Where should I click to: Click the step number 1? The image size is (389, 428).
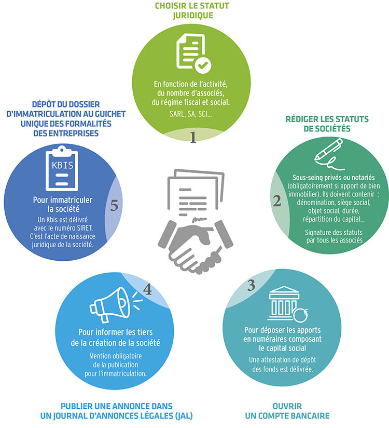pos(193,137)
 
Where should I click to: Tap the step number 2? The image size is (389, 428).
pos(277,200)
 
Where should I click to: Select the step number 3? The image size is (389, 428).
pos(251,285)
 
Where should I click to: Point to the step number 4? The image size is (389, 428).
pos(147,290)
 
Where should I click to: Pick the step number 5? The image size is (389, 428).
pos(114,205)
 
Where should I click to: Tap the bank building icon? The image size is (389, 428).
pos(284,303)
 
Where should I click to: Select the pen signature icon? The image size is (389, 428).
pos(329,154)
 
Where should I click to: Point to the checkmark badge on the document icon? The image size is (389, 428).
pos(203,65)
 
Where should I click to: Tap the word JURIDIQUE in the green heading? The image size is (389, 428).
pos(193,15)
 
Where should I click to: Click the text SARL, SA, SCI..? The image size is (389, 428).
pos(190,114)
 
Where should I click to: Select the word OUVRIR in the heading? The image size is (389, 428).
pos(287,406)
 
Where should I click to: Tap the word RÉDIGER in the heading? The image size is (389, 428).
pos(302,119)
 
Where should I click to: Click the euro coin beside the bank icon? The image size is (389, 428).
pos(301,315)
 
